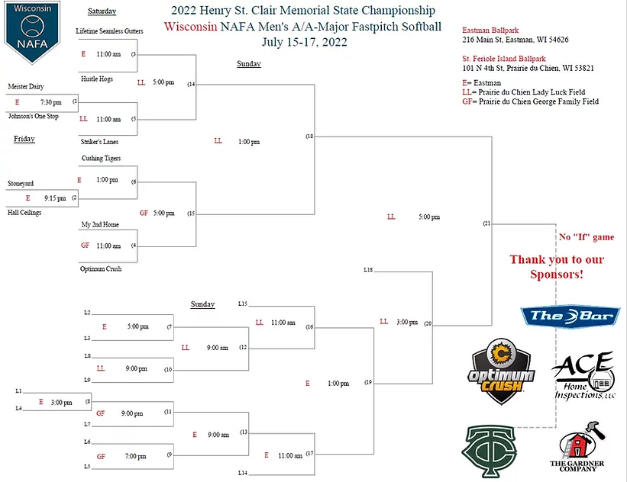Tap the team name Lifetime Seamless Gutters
tap(109, 31)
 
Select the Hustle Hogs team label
tap(96, 79)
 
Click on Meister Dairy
tap(25, 86)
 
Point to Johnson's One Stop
tap(32, 117)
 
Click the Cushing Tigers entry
tap(101, 158)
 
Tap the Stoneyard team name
tap(21, 183)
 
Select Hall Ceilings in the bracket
tap(24, 213)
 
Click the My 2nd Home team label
tap(100, 225)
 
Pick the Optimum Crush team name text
tap(102, 268)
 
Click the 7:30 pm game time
tap(50, 101)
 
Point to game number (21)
tap(486, 223)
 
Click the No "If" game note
tap(587, 237)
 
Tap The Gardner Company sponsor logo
tap(577, 450)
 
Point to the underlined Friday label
tap(24, 140)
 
